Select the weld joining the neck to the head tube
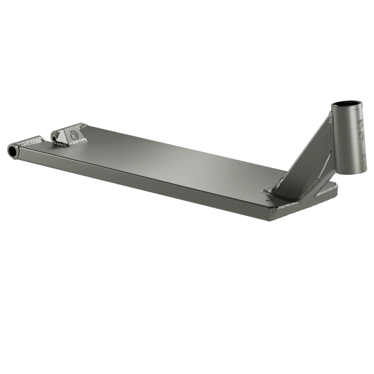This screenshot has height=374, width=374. coord(331,142)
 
